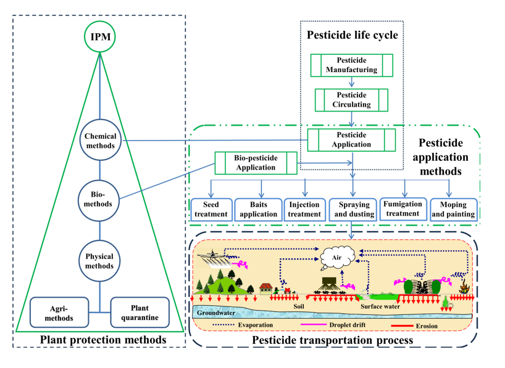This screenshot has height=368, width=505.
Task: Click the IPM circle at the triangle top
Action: (x=100, y=37)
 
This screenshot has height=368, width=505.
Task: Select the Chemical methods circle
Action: (x=100, y=141)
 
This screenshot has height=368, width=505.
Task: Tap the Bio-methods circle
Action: (x=99, y=199)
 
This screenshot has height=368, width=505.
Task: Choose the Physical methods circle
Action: (x=100, y=261)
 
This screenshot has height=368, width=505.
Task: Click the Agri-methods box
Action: (x=61, y=313)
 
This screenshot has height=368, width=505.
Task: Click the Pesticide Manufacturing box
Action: (x=351, y=65)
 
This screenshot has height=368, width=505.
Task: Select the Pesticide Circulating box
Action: (x=351, y=100)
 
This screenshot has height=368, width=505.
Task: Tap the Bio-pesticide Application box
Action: (x=256, y=163)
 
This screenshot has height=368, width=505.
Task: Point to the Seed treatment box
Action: (x=211, y=210)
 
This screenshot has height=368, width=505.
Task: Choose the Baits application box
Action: (x=258, y=210)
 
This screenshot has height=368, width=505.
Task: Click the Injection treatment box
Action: (x=304, y=210)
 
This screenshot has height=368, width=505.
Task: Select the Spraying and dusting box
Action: (x=352, y=210)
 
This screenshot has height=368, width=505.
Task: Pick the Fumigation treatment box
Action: (x=403, y=209)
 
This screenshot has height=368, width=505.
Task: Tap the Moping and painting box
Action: (x=453, y=210)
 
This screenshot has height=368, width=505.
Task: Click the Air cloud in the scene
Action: (x=336, y=258)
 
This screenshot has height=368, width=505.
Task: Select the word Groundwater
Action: (x=217, y=313)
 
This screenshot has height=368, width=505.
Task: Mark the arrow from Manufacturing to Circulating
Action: (x=351, y=83)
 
